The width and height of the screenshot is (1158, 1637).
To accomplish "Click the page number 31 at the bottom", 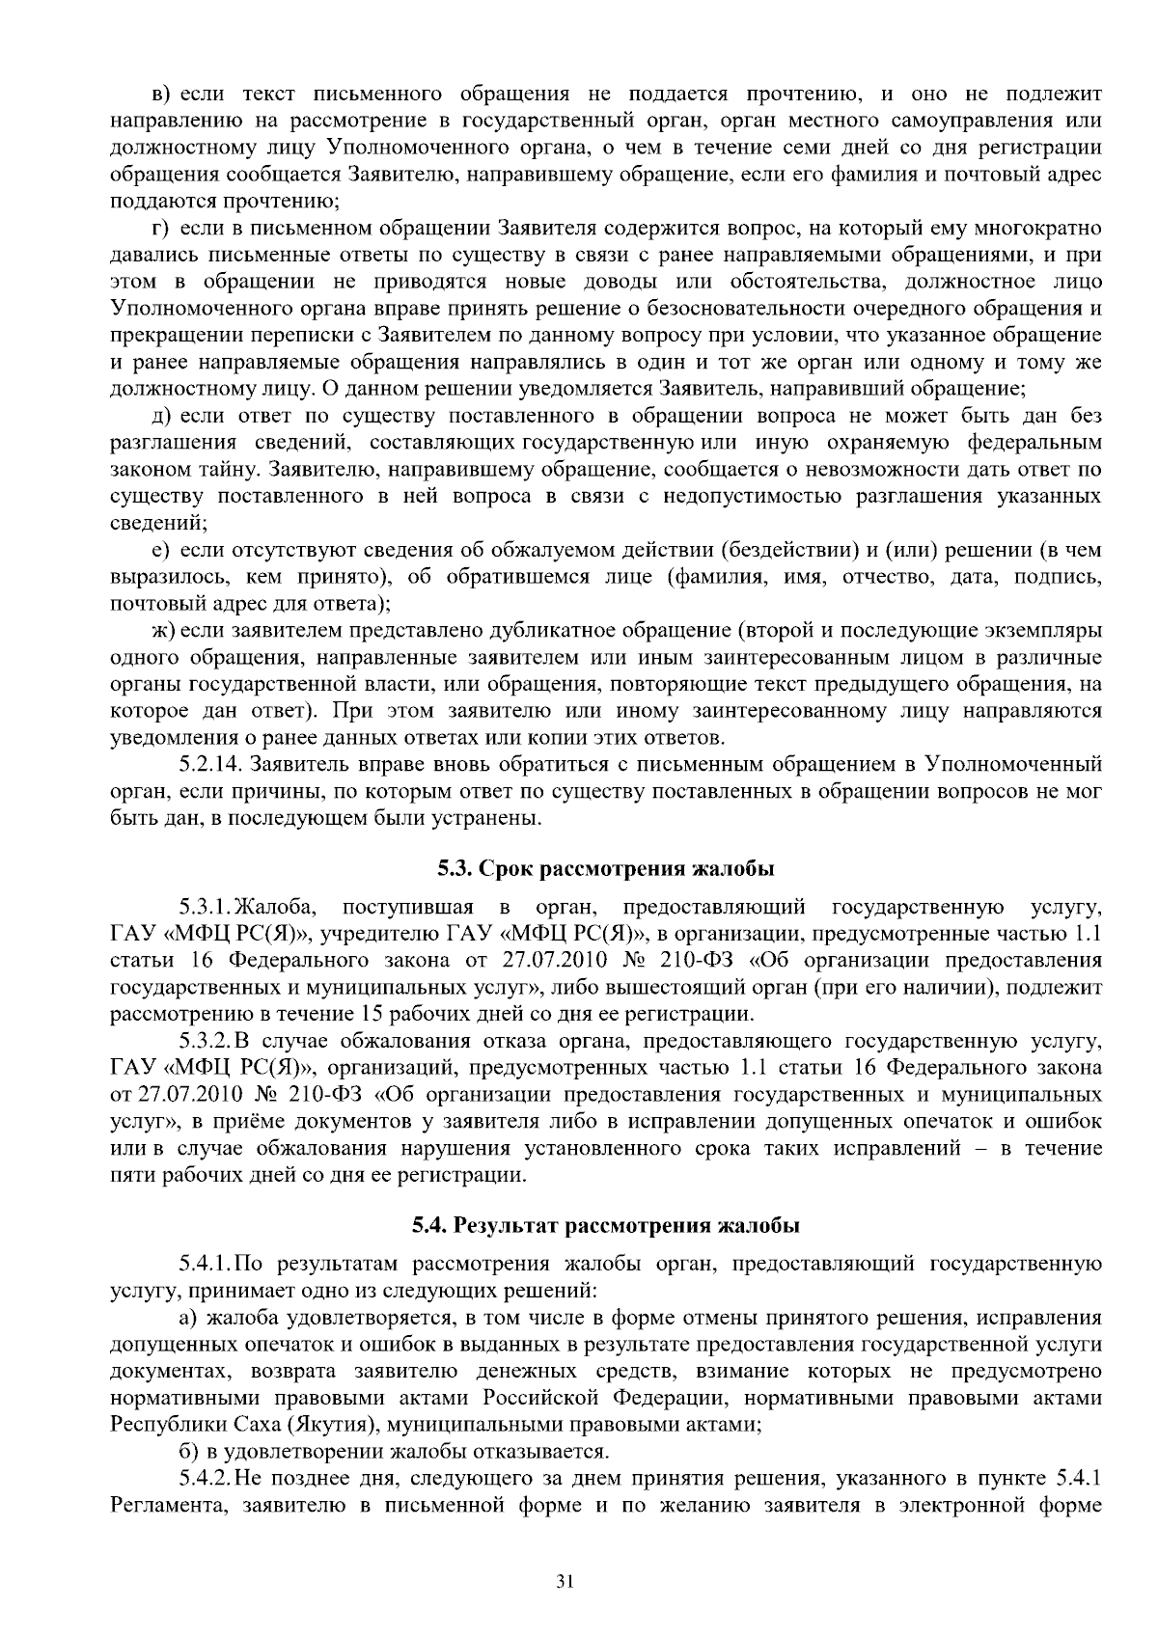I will (x=565, y=1582).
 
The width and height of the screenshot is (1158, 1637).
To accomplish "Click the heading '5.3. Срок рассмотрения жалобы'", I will (x=606, y=868).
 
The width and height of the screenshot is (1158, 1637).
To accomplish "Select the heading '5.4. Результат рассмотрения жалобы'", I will (x=606, y=1225).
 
